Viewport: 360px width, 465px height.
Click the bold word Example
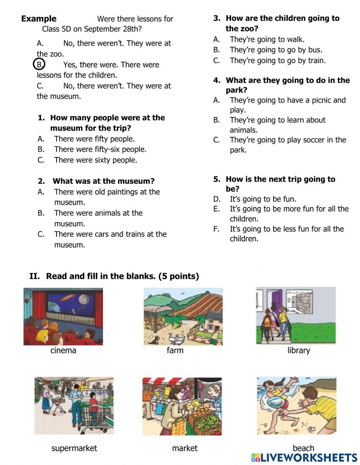click(x=39, y=19)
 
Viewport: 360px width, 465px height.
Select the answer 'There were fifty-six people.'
click(x=100, y=149)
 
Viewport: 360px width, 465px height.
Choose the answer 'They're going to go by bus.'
click(x=276, y=50)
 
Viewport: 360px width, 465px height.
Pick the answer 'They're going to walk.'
click(x=267, y=39)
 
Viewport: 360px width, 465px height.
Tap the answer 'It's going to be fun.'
click(x=263, y=199)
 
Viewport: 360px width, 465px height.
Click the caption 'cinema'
click(x=63, y=350)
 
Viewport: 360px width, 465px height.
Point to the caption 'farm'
click(x=175, y=350)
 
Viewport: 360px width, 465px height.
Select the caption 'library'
click(x=298, y=350)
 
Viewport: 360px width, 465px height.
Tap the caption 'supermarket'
click(x=74, y=448)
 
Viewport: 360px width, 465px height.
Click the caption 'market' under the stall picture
click(x=185, y=448)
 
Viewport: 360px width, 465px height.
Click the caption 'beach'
click(x=303, y=448)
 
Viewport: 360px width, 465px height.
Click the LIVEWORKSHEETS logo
click(x=304, y=457)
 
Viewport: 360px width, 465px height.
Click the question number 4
click(x=216, y=80)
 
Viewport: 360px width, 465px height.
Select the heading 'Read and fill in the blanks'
click(x=122, y=276)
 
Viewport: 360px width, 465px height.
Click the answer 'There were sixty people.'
click(x=95, y=160)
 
